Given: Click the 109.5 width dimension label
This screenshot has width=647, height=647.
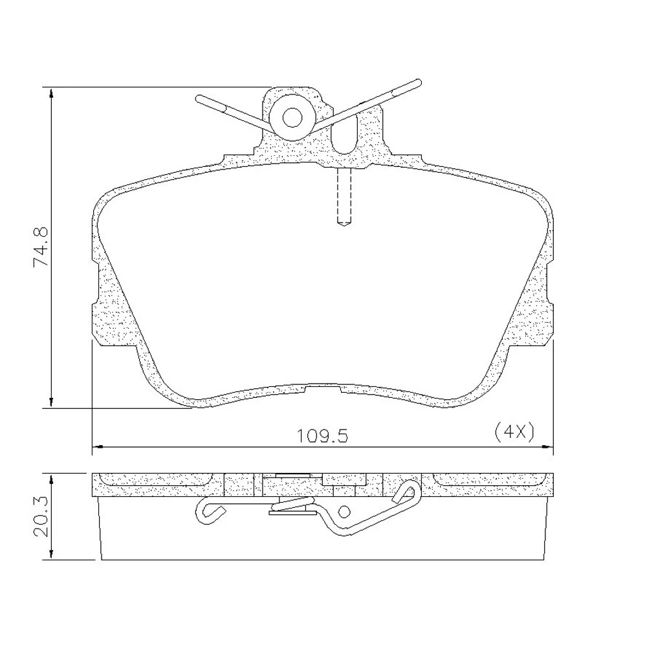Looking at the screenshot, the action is click(323, 436).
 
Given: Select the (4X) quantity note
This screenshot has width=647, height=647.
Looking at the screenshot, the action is click(514, 432).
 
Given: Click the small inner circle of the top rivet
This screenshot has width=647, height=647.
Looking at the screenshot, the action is click(292, 118).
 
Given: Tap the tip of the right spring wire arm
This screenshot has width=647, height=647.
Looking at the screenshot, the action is click(419, 82).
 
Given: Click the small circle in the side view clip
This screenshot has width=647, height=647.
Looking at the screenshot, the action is click(344, 512).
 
